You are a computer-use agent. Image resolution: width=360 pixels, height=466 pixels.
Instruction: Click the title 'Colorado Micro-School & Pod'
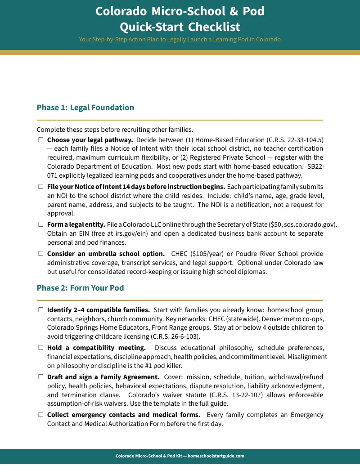[x=180, y=11]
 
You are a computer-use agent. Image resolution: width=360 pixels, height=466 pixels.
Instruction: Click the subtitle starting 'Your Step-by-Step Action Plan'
[x=180, y=39]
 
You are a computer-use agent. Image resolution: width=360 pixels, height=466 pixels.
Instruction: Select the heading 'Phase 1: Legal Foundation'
[x=85, y=108]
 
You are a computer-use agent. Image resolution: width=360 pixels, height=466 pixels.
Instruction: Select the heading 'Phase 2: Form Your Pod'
[x=80, y=288]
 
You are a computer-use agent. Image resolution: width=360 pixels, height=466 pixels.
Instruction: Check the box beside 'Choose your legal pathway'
[x=40, y=140]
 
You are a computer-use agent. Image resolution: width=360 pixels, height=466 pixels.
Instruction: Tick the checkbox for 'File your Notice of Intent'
[x=40, y=187]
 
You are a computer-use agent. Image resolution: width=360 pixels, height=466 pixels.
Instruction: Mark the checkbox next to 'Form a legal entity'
[x=40, y=224]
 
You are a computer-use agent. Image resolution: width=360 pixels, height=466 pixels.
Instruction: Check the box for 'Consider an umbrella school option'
[x=40, y=254]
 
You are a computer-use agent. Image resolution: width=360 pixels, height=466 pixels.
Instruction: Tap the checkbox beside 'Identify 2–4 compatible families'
[x=40, y=310]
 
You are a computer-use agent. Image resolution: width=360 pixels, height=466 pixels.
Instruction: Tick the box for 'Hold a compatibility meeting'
[x=40, y=348]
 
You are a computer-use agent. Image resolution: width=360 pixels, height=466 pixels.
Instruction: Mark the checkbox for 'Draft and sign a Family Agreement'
[x=40, y=377]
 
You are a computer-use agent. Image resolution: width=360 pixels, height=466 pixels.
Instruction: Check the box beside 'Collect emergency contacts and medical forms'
[x=40, y=415]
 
